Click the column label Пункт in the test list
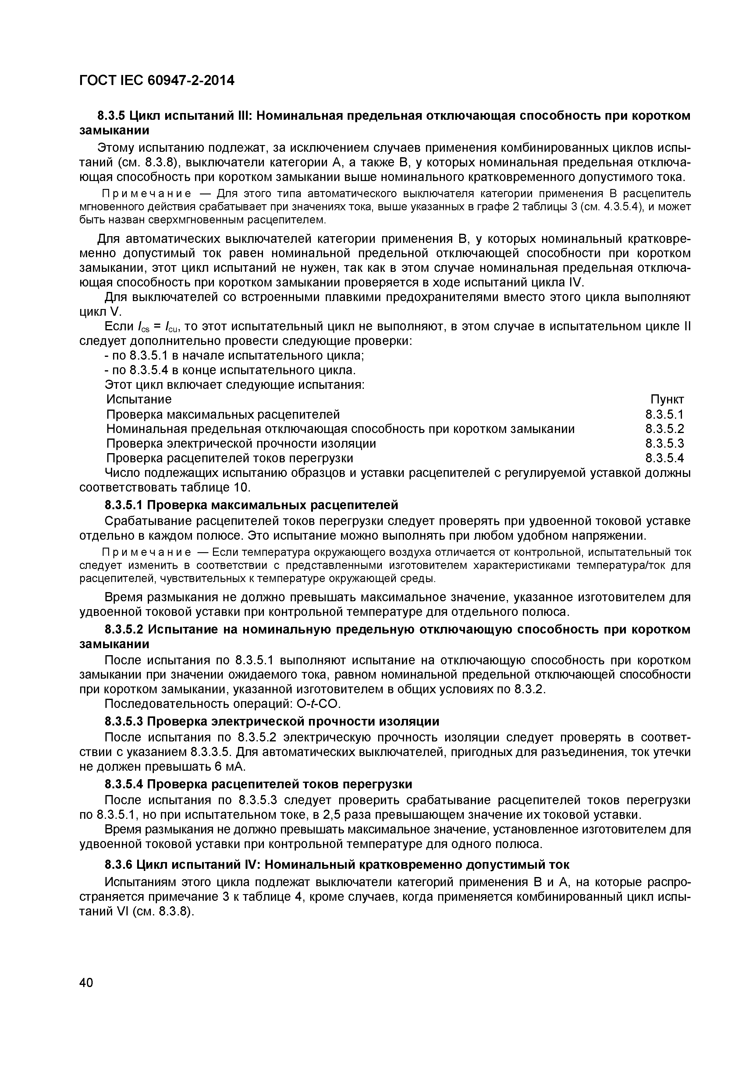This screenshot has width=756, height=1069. (667, 400)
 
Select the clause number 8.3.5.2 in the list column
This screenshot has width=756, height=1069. (664, 429)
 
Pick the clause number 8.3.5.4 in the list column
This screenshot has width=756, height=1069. (664, 458)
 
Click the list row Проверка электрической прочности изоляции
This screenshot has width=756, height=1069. (241, 443)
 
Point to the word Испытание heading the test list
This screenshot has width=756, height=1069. (139, 400)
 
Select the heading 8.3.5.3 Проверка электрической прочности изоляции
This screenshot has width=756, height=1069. (272, 722)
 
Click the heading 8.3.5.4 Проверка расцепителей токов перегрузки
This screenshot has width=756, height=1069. (258, 784)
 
